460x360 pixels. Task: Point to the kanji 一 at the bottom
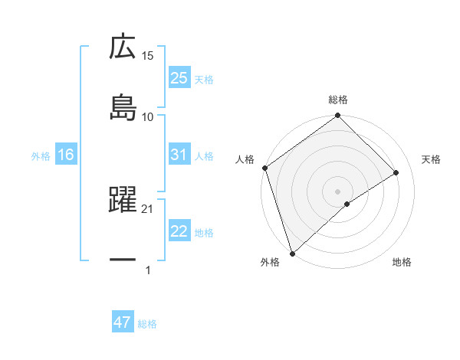click(123, 260)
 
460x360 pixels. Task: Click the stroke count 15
click(148, 56)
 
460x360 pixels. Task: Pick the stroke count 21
click(148, 208)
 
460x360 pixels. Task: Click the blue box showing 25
click(179, 78)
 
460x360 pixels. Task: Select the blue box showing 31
click(179, 155)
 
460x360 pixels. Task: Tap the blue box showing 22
click(179, 231)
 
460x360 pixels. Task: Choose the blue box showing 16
click(66, 155)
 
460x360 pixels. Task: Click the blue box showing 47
click(123, 322)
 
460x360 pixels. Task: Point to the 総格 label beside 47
click(147, 324)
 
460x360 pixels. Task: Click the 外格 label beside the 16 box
click(41, 155)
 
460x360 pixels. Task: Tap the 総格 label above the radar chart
click(338, 100)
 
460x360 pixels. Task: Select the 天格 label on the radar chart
click(432, 159)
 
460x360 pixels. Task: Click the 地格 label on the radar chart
click(402, 263)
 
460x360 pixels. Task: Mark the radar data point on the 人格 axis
click(264, 168)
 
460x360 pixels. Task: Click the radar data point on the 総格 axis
click(338, 116)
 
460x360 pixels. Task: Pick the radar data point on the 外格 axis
click(291, 253)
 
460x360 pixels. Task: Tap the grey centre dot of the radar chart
click(338, 191)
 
